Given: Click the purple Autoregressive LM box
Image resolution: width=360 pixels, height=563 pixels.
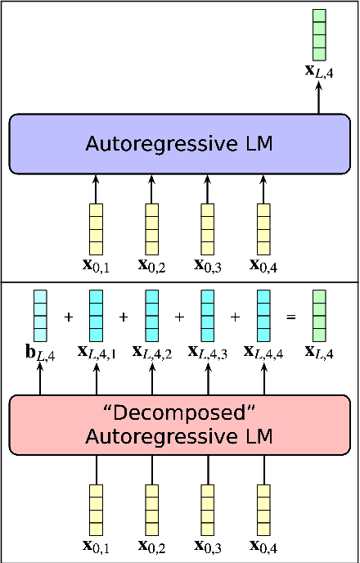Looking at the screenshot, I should [x=179, y=144].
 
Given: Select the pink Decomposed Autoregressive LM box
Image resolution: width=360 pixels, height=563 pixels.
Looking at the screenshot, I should [x=179, y=425].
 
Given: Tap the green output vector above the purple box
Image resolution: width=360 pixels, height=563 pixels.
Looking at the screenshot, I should [x=319, y=34].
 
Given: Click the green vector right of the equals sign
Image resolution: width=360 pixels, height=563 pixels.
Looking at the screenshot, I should [x=319, y=316].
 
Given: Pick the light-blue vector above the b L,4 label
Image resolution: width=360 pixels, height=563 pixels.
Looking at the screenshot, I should [x=40, y=316].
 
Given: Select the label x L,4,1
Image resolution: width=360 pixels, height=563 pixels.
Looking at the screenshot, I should [x=97, y=352].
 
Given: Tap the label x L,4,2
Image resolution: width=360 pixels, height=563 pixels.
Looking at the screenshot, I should [x=152, y=352].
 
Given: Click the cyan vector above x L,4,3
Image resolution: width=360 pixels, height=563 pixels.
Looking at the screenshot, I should [x=207, y=316].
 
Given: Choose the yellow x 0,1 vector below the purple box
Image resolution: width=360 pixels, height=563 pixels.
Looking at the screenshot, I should [x=97, y=229].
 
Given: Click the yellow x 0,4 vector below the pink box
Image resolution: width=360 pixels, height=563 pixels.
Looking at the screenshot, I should [x=263, y=510].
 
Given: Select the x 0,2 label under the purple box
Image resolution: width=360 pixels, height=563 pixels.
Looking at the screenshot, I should [x=152, y=265].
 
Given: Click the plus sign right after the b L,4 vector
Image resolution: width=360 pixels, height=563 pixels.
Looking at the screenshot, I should [x=69, y=317].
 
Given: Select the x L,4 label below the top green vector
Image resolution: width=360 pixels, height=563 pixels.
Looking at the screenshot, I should [x=319, y=71].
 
